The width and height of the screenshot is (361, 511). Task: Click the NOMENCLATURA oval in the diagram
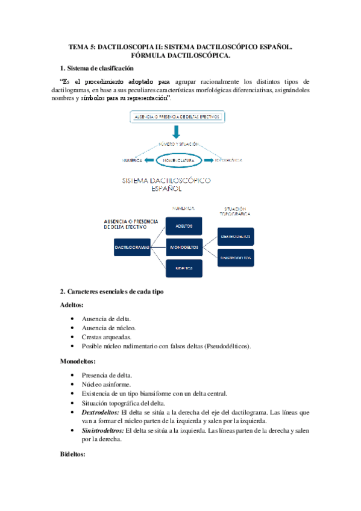tap(180, 161)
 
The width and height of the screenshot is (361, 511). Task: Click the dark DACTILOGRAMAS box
tap(133, 246)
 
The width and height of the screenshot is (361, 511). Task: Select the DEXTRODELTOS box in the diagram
tap(236, 236)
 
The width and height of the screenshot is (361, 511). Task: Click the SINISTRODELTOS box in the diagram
tap(236, 257)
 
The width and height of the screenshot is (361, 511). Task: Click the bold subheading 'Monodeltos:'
tap(78, 362)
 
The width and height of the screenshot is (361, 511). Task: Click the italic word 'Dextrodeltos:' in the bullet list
tap(100, 412)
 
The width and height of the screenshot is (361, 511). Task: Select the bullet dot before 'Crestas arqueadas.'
tap(73, 336)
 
